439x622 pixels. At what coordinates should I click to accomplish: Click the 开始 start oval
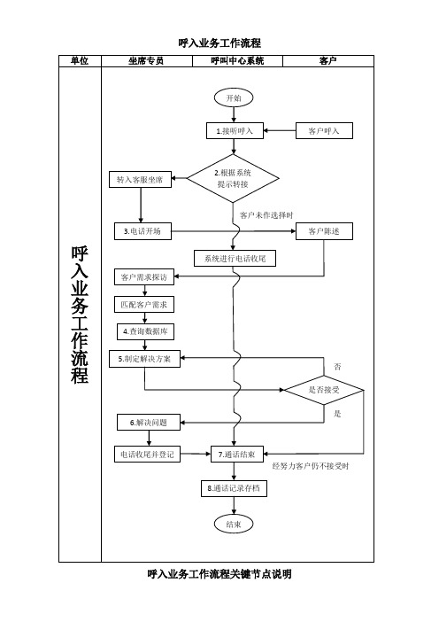tap(234, 98)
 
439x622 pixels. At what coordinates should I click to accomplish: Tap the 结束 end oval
tap(234, 524)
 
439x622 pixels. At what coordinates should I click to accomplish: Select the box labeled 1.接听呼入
tap(235, 131)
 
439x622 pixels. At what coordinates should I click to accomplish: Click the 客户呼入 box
tap(324, 131)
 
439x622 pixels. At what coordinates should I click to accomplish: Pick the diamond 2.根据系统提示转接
tap(233, 178)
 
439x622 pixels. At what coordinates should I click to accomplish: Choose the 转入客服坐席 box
tap(140, 179)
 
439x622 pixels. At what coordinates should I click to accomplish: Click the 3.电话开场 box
tap(142, 231)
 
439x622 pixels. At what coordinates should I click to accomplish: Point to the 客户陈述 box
tap(324, 231)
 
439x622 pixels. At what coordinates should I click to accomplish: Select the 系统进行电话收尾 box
tap(235, 259)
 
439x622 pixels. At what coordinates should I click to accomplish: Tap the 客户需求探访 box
tap(144, 276)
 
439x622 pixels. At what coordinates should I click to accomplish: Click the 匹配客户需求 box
tap(144, 305)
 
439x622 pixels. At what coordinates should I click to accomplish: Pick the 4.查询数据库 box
tap(145, 331)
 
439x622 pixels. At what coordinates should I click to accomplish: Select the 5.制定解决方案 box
tap(144, 359)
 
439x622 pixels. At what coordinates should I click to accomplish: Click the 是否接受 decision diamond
tap(324, 390)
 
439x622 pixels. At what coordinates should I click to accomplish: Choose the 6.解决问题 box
tap(149, 423)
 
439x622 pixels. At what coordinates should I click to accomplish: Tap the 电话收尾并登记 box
tap(147, 455)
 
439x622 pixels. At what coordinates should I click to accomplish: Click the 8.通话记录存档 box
tap(234, 488)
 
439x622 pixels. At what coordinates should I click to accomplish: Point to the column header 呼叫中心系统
tap(237, 60)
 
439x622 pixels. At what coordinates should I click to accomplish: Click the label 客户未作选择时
tap(266, 215)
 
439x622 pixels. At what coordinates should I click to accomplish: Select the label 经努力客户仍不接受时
tap(311, 466)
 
